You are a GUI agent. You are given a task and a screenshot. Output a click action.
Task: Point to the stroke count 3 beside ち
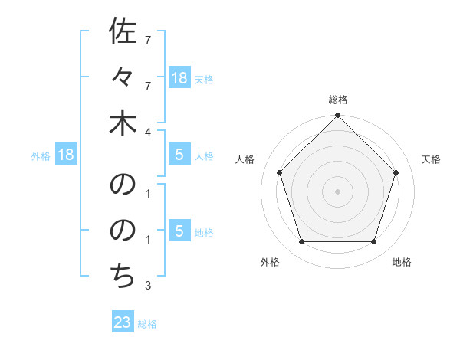coord(148,286)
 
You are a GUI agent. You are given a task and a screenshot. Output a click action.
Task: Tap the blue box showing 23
coord(123,322)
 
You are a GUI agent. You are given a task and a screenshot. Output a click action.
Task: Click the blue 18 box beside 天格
coord(179,77)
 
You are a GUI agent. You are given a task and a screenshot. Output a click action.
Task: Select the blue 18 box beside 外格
coord(66,155)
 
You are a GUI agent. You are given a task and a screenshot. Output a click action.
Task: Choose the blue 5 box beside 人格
coord(179,155)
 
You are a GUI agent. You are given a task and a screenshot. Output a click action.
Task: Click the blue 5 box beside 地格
coord(179,232)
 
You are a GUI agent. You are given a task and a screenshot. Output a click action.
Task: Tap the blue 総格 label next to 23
coord(147,324)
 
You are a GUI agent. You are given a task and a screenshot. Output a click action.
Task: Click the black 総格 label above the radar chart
coord(338,100)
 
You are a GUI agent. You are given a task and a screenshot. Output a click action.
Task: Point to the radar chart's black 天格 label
coord(431,159)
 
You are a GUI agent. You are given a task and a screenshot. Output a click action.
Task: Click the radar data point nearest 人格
coord(280,172)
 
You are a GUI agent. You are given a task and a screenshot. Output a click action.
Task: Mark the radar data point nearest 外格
coord(302,241)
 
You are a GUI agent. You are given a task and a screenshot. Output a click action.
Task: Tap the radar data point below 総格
coord(338,116)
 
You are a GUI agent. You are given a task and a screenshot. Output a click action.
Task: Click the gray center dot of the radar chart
coord(338,191)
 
